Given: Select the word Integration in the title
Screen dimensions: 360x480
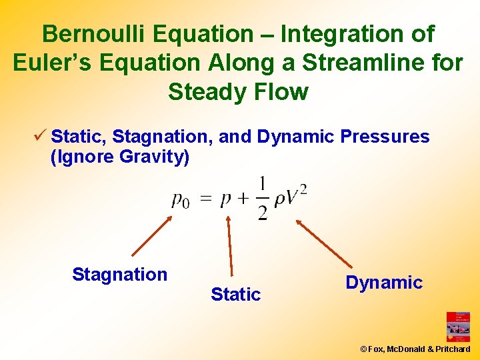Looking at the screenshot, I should [343, 33].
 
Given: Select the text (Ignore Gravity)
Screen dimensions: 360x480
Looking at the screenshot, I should [120, 157].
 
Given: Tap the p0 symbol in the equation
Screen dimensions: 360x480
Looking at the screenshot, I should [180, 199].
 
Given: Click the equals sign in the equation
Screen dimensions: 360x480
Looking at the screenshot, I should [207, 199].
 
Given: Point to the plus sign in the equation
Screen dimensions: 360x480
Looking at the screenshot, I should [244, 199].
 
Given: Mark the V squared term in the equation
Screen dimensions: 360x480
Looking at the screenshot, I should [296, 195].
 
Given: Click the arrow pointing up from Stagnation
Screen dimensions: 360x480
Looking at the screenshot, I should [152, 236].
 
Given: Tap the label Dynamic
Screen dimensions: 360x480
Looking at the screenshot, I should [384, 282].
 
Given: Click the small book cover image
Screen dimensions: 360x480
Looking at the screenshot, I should [458, 327].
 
